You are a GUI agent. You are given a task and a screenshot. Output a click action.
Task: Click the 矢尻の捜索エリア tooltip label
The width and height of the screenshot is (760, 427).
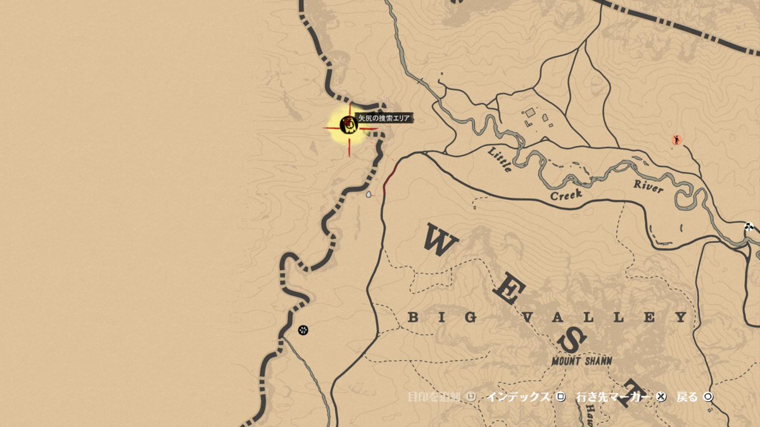point(384,118)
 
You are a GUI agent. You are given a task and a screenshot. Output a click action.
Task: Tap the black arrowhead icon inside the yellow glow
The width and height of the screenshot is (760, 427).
point(348,125)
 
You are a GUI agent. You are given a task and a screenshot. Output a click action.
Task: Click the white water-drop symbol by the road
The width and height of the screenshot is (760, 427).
point(369,195)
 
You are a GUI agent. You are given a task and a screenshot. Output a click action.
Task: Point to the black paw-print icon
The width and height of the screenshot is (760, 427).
point(303,330)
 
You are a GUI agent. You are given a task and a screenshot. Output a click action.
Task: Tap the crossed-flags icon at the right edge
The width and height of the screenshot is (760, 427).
point(750,227)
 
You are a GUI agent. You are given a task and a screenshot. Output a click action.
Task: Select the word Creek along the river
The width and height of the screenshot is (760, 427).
point(566,193)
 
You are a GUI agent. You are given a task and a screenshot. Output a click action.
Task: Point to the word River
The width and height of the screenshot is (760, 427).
point(649,186)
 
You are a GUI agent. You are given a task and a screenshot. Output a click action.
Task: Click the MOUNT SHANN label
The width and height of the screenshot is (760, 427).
point(581,361)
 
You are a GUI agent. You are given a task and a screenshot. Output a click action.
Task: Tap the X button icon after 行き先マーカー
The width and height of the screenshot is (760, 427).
point(661,397)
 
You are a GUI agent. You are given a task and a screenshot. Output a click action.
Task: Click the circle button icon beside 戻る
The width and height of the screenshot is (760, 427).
point(707,397)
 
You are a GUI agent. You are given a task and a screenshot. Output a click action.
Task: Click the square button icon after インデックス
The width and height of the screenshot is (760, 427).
point(560,397)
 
